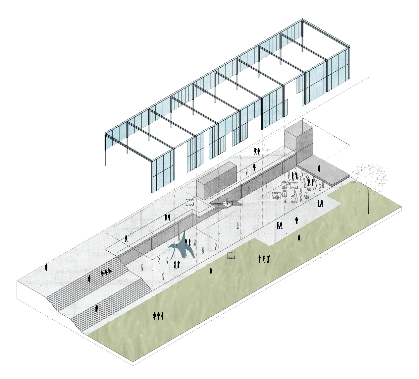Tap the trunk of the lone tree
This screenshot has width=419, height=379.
click(x=368, y=199)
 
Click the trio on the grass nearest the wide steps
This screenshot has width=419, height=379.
click(x=158, y=316)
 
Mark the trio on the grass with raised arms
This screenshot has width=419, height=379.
click(x=264, y=259)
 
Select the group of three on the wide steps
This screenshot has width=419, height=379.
click(x=106, y=273)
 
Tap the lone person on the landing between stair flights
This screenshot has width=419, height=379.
click(x=96, y=308)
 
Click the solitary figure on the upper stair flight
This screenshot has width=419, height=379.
click(x=89, y=279)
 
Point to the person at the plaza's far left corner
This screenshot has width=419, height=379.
click(x=46, y=267)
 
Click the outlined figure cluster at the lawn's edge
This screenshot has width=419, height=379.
click(x=232, y=255)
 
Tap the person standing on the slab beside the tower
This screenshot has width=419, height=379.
click(x=319, y=168)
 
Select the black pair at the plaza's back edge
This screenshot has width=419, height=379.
click(x=257, y=151)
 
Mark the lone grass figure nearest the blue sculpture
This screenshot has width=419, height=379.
click(x=211, y=271)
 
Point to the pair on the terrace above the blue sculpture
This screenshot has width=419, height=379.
click(x=167, y=217)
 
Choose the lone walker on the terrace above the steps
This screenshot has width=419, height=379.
click(x=126, y=238)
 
